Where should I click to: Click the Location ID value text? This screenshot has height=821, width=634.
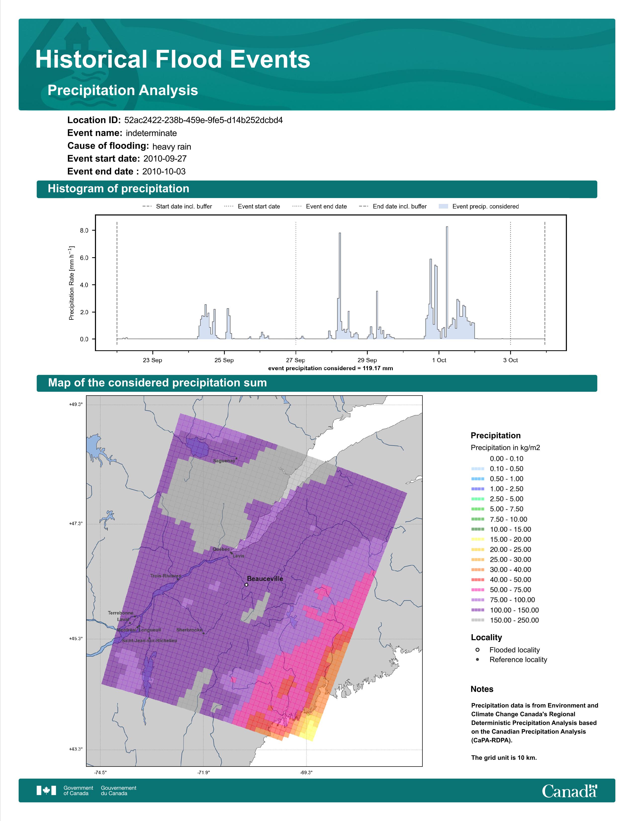pos(203,120)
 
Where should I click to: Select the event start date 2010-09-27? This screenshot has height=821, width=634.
pos(165,159)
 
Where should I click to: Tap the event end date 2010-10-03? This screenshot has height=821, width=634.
pos(164,171)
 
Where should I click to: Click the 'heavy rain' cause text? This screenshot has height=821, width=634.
pos(172,147)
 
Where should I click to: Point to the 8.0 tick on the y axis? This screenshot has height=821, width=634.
pos(84,230)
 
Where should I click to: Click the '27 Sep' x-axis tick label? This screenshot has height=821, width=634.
pos(296,360)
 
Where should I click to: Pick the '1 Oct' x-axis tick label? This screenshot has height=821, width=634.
pos(439,360)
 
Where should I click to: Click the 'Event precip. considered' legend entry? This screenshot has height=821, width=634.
pos(479,206)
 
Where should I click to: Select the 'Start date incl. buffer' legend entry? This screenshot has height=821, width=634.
pos(177,206)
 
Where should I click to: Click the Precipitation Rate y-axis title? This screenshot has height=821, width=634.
pos(71,283)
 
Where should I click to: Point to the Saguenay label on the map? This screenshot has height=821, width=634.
pos(224,461)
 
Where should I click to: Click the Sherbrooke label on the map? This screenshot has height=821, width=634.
pos(189,630)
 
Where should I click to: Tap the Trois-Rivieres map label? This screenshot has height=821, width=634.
pos(166,575)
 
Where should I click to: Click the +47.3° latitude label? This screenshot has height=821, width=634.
pos(76,523)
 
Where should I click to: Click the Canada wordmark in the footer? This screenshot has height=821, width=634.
pos(569,791)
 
